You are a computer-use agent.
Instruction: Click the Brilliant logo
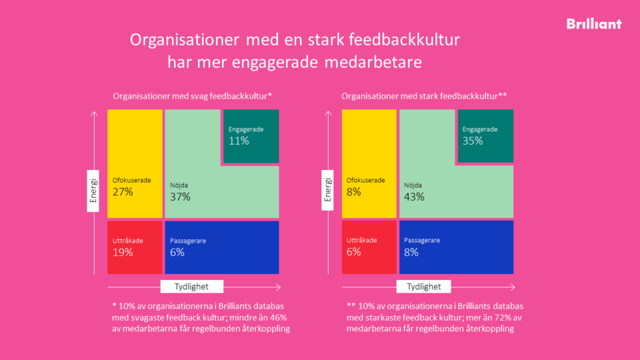tap(593, 24)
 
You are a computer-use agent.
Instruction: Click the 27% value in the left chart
tap(123, 192)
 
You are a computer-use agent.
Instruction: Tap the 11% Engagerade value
tap(239, 141)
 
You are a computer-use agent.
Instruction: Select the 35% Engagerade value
tap(473, 141)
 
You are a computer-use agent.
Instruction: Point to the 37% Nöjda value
tap(180, 197)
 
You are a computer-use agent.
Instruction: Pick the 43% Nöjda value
tap(415, 197)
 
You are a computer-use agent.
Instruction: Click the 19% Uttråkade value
tap(123, 252)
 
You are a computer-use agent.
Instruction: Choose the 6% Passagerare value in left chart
tap(177, 252)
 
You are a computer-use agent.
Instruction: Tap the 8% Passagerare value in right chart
tap(411, 252)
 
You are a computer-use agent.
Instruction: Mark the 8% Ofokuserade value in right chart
tap(353, 192)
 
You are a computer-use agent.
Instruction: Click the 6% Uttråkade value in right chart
tap(353, 252)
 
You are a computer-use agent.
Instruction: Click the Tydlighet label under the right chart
tap(423, 287)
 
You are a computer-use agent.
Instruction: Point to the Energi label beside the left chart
tap(94, 192)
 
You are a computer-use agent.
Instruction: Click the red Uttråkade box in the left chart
tap(135, 247)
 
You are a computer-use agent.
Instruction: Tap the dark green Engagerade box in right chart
tap(485, 136)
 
